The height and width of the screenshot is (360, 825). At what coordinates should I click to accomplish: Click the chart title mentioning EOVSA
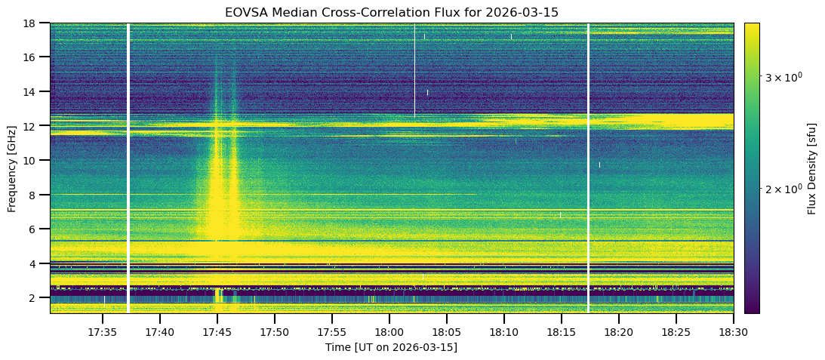(x=391, y=12)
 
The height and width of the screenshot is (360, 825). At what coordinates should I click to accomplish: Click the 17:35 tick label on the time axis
(x=102, y=332)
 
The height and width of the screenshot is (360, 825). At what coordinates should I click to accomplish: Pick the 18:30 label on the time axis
(x=733, y=332)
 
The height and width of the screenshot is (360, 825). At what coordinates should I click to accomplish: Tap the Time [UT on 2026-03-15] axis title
(x=391, y=347)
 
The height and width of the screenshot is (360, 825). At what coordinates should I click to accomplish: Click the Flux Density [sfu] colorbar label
(x=812, y=168)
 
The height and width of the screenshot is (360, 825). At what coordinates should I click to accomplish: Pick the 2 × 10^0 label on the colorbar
(x=782, y=188)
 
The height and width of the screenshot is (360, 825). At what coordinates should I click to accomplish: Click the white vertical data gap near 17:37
(x=128, y=168)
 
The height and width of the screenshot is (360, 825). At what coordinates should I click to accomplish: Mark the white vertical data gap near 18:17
(x=588, y=168)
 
